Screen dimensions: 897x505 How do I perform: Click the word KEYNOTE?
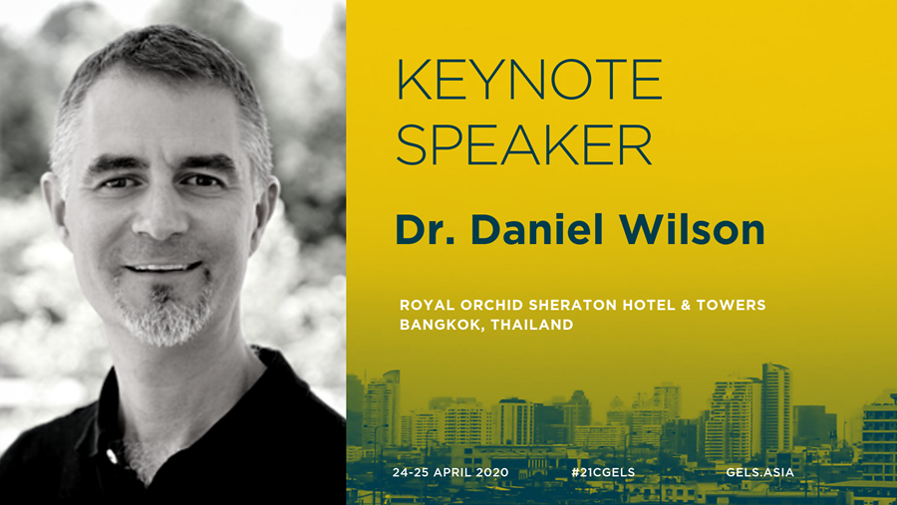coord(529,79)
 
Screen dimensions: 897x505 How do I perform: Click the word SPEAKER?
coord(524,144)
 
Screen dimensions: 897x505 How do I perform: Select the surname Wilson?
coord(692,229)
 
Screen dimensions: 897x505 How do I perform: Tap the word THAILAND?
coord(531,325)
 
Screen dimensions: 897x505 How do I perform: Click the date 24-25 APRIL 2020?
coord(450,472)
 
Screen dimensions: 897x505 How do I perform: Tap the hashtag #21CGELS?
coord(603,472)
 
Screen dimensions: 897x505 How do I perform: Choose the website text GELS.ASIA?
coord(759,472)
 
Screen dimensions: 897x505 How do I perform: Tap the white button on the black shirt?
coord(112,456)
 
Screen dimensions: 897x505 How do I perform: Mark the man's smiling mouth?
coord(163,267)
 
